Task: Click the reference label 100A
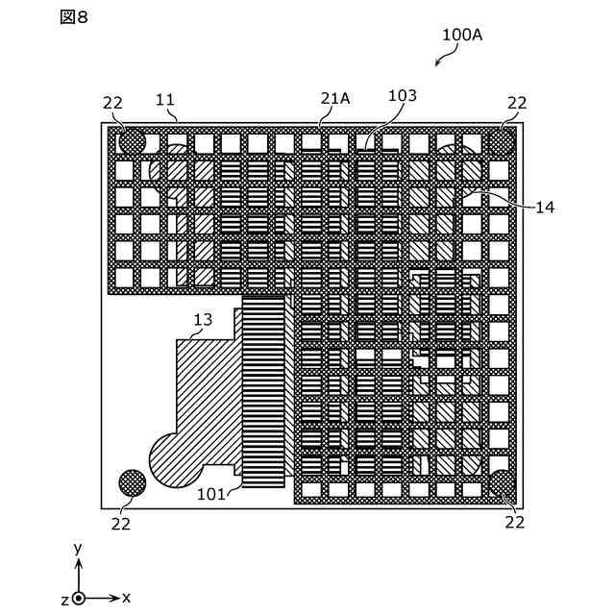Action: tap(462, 35)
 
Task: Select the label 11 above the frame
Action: tap(165, 99)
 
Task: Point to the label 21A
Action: tap(335, 98)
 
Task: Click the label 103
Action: tap(403, 96)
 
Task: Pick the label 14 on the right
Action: tap(546, 207)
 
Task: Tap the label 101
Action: tap(211, 495)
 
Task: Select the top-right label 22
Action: tap(517, 103)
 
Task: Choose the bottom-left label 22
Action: tap(120, 523)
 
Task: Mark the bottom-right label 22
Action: tap(515, 522)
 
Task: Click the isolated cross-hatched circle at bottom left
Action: tap(132, 482)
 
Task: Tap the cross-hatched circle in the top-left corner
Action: tap(132, 142)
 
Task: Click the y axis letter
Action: tap(78, 548)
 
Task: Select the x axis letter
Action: tap(126, 597)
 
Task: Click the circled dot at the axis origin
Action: tap(79, 598)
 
